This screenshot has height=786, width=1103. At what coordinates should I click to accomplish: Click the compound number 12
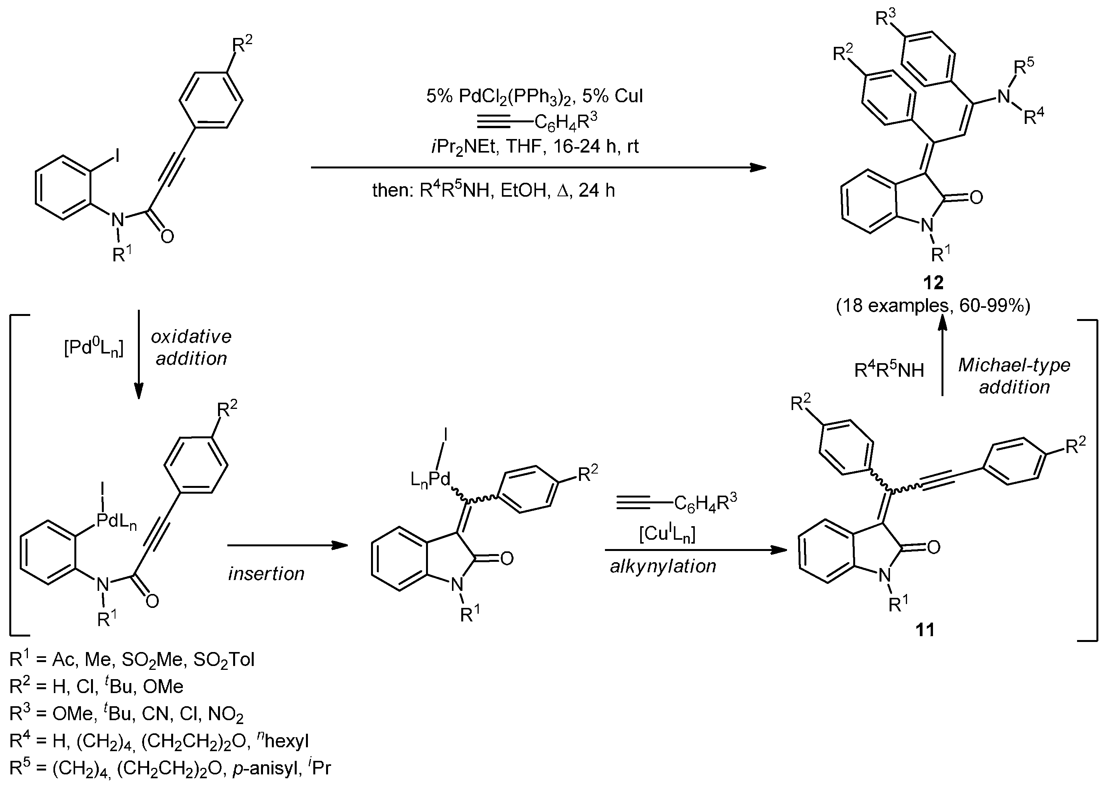click(x=933, y=282)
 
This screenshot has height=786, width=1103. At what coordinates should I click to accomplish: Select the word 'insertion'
click(x=266, y=573)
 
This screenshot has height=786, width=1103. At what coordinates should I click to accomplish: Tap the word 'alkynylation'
click(x=663, y=566)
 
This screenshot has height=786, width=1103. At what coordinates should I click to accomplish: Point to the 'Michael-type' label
click(x=1014, y=365)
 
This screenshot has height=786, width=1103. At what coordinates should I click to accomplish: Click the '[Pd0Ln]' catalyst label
click(x=93, y=348)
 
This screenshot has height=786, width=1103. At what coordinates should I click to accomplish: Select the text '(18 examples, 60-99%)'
click(x=933, y=305)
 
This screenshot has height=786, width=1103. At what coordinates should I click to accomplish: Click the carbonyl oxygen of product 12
click(x=976, y=197)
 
